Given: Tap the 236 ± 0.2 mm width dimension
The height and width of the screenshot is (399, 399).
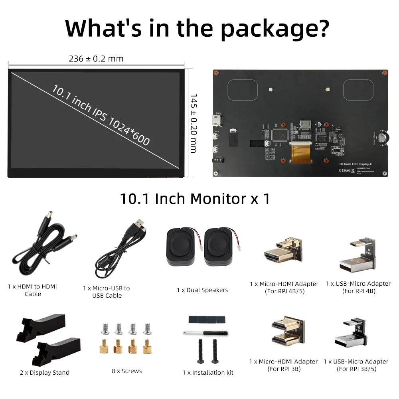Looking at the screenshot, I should pos(96,59).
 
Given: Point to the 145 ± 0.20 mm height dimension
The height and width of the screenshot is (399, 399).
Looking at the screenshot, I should pos(193,123).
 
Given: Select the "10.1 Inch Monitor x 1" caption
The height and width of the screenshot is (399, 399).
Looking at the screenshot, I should pos(195,199).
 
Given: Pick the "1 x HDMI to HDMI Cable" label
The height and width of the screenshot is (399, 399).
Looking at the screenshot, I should pos(33,290).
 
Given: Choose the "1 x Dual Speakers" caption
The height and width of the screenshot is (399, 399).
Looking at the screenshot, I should pos(202,290).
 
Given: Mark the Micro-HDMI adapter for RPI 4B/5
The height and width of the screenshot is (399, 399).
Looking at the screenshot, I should pos(283,251).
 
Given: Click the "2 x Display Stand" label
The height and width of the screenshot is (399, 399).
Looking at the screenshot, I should pos(45,372).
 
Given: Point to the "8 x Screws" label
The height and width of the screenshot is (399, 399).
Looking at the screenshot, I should pos(127,371).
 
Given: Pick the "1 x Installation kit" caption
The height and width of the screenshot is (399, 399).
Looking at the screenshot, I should pos(208,372).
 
